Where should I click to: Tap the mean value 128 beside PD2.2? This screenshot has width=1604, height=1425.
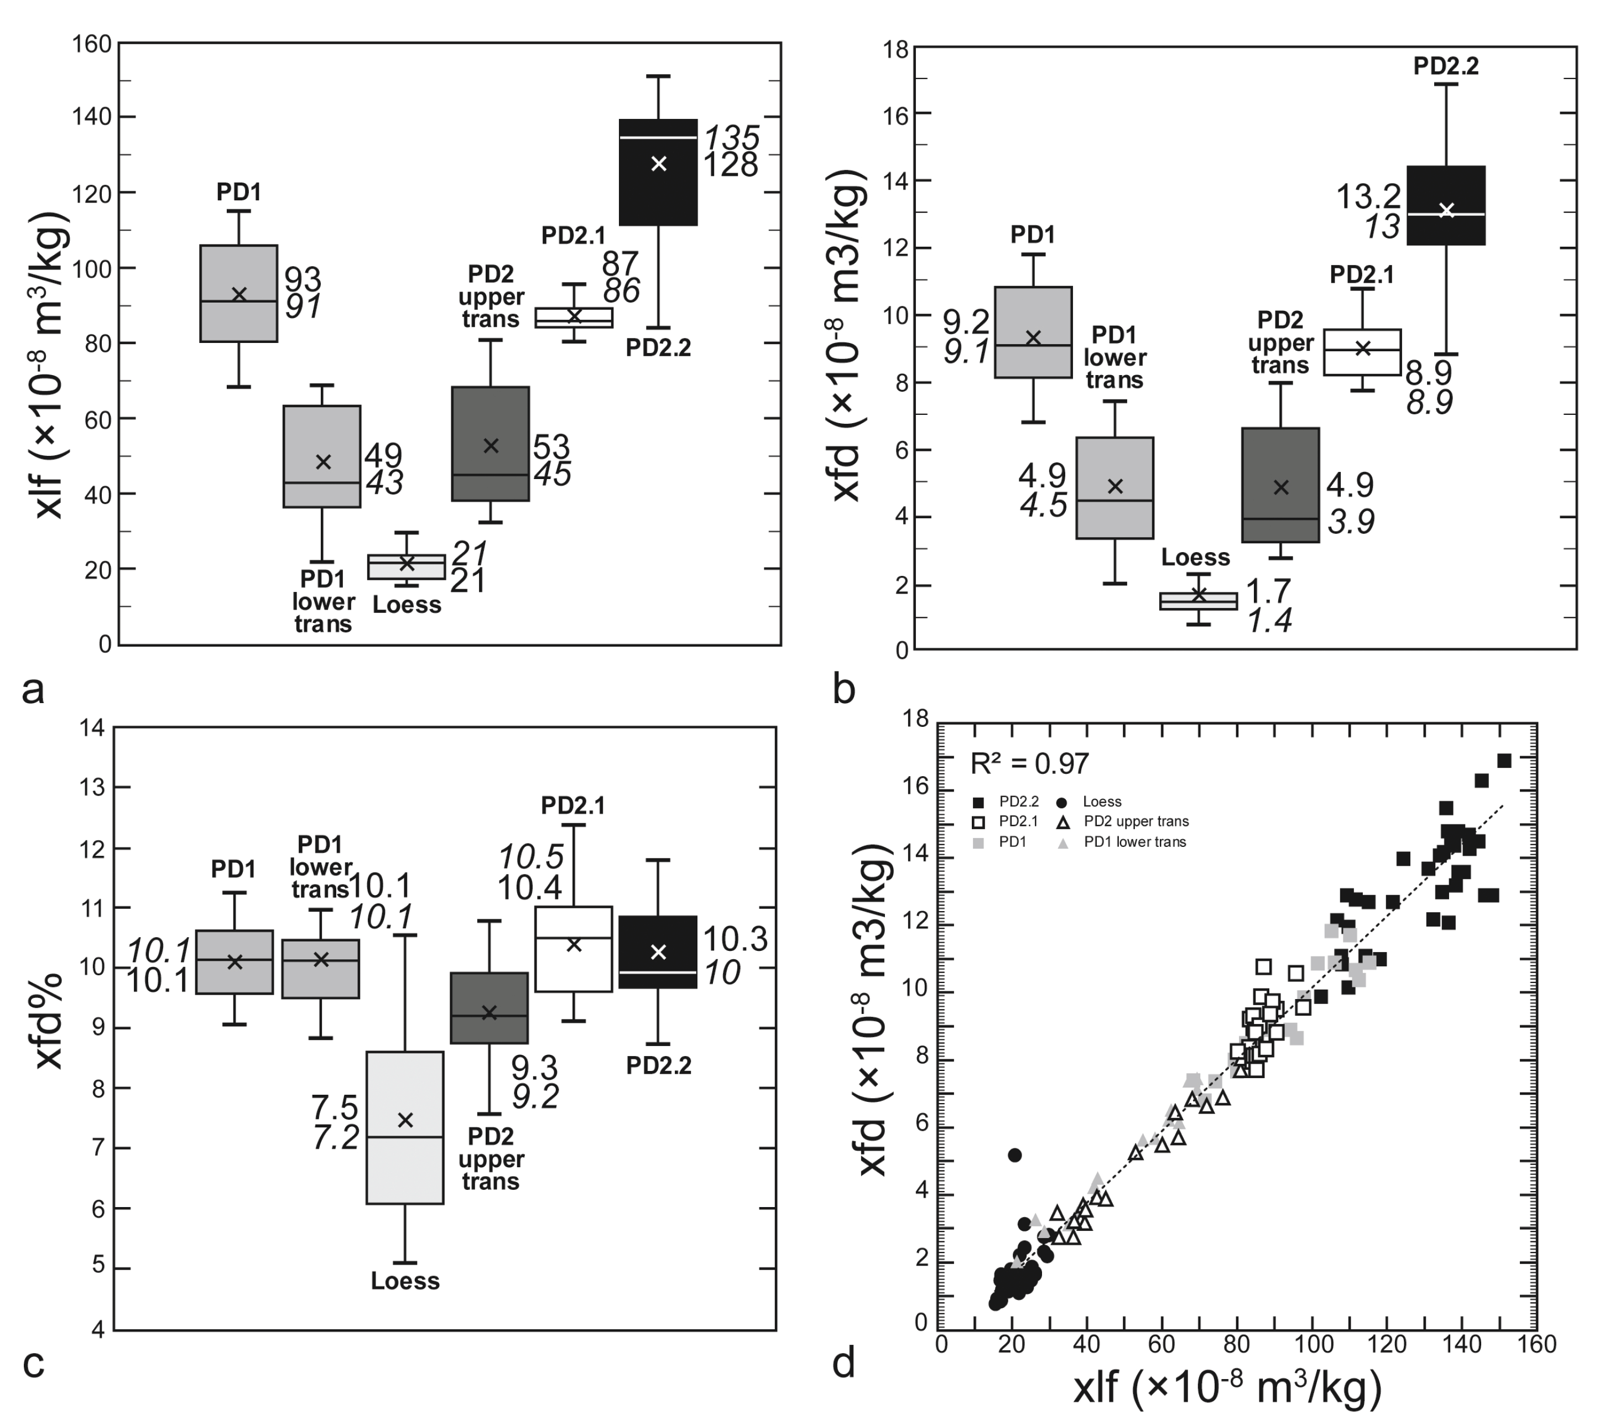[x=730, y=165]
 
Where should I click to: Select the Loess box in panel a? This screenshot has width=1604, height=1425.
[x=407, y=566]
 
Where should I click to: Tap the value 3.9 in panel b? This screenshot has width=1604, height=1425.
[x=1351, y=522]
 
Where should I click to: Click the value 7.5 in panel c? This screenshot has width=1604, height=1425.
[x=335, y=1108]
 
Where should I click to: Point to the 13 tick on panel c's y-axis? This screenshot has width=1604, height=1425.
[x=92, y=788]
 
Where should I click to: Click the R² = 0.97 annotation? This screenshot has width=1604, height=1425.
[x=1029, y=763]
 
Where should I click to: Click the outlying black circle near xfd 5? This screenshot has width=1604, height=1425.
[x=1014, y=1155]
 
